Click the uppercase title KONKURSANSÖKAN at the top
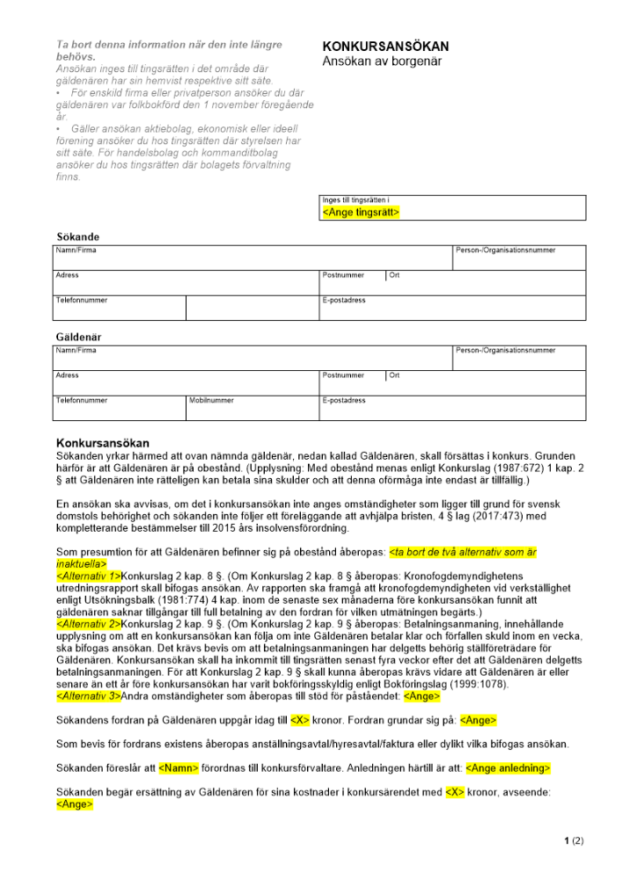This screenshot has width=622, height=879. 385,47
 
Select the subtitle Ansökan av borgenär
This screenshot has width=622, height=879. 381,62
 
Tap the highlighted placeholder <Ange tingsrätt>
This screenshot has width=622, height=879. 361,213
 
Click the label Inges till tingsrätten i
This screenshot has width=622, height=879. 355,200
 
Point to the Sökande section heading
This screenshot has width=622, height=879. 77,237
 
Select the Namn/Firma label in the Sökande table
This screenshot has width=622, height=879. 76,251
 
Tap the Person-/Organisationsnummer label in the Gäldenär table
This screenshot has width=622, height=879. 505,351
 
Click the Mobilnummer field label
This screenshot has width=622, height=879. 211,401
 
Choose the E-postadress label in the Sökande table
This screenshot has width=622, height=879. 344,301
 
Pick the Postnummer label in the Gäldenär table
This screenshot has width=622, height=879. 343,375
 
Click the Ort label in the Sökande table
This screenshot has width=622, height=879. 394,275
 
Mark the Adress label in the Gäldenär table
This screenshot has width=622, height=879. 67,375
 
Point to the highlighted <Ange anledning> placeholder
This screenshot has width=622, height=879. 508,768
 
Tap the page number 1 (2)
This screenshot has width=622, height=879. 573,840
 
